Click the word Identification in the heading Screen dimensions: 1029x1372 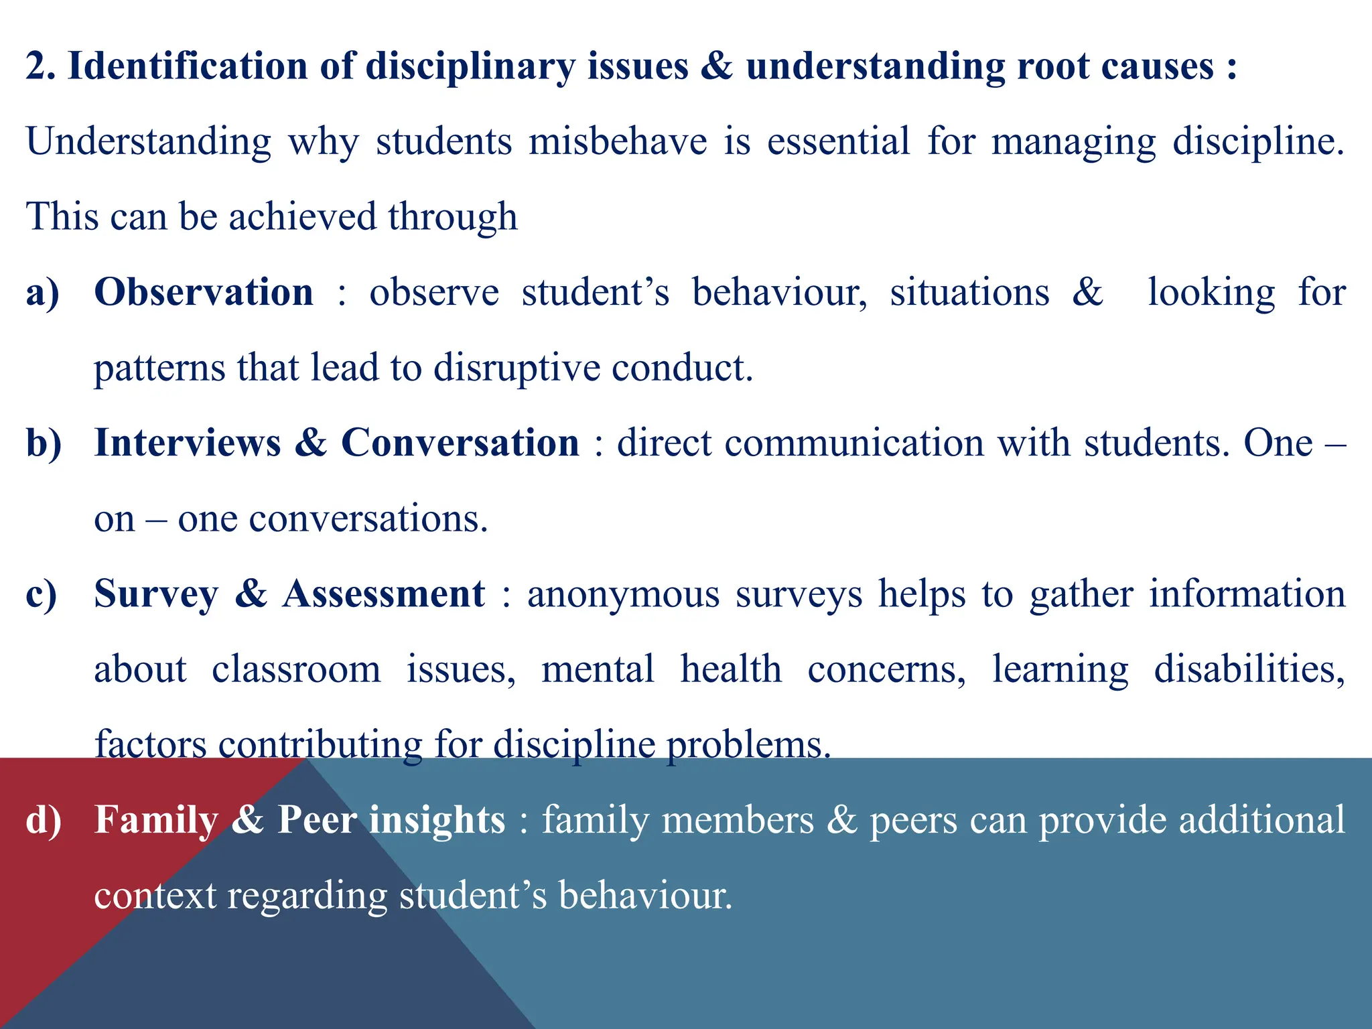(188, 67)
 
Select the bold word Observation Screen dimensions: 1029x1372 (204, 292)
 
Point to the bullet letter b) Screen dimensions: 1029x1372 (44, 443)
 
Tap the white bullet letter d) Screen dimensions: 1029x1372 (44, 820)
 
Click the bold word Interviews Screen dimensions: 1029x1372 (188, 443)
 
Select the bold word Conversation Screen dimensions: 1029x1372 (460, 443)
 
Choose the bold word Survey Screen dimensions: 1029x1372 (156, 595)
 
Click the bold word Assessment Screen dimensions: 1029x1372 (383, 594)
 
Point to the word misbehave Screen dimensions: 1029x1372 (618, 142)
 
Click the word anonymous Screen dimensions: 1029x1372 (623, 595)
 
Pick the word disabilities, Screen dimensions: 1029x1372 (1249, 669)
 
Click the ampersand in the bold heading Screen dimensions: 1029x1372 (717, 67)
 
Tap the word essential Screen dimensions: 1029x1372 (838, 142)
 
